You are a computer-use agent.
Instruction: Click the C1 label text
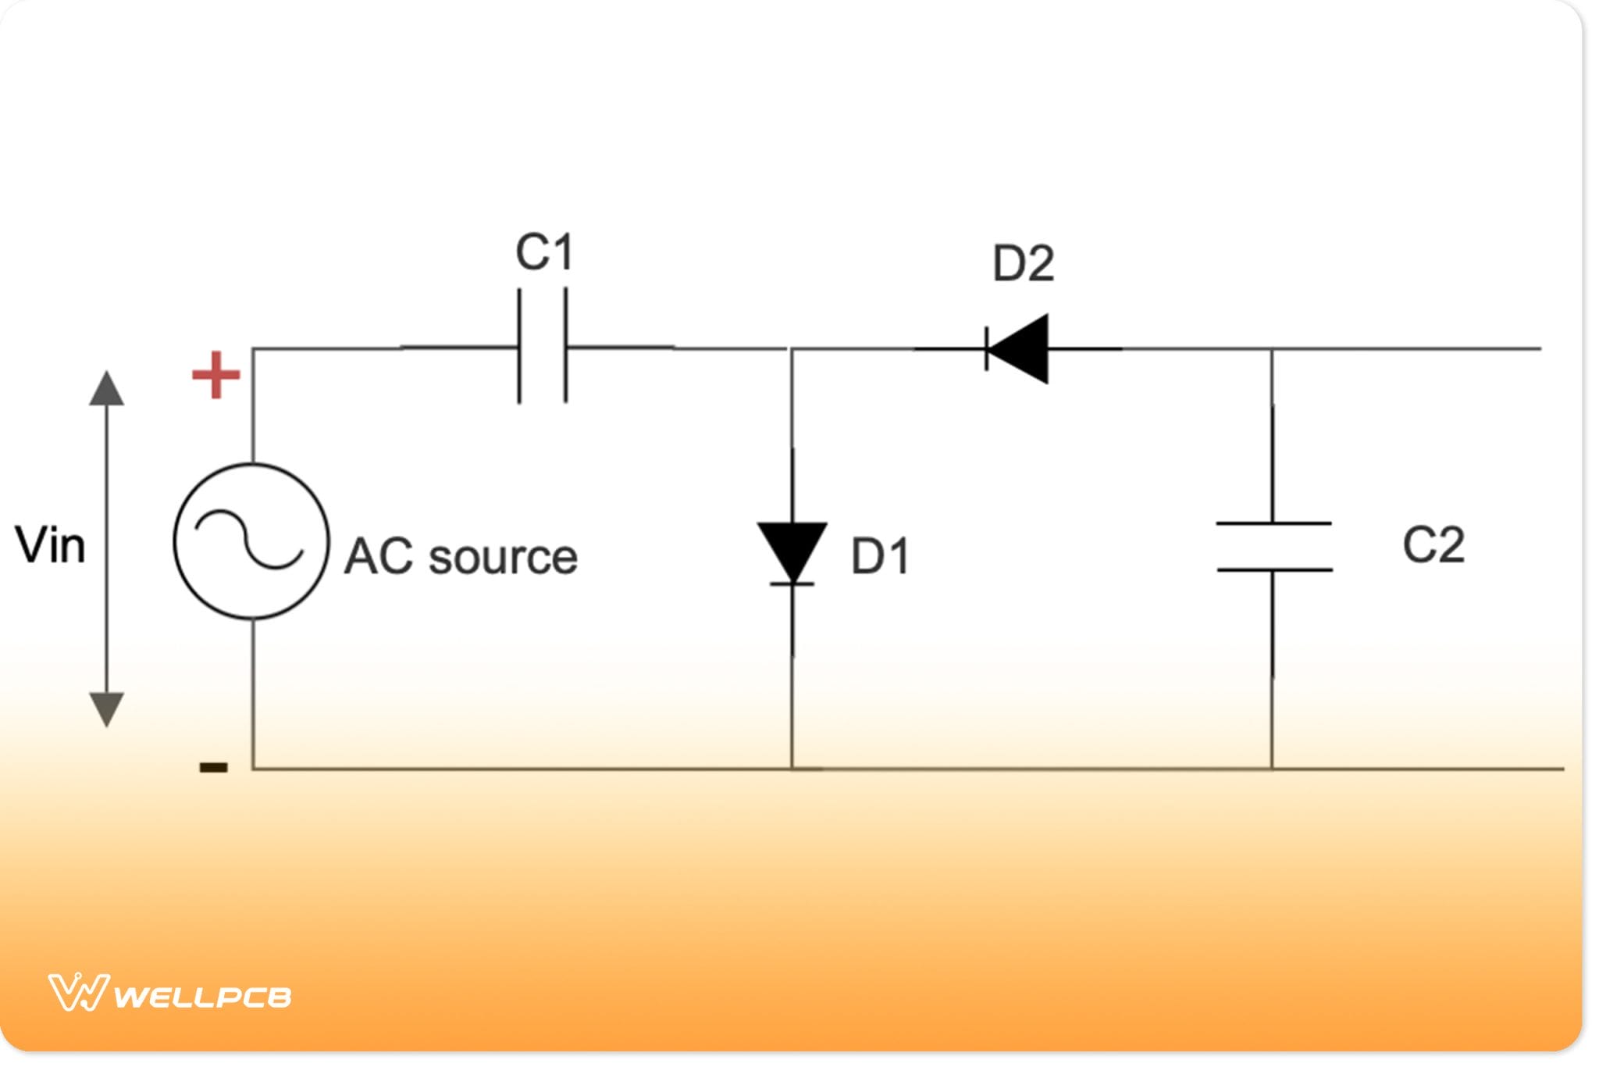(x=545, y=252)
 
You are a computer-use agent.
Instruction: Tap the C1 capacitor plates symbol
(x=543, y=347)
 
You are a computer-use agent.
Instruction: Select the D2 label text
(x=1023, y=264)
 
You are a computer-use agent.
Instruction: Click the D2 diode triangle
(x=1018, y=349)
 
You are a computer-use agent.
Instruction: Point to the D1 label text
(x=881, y=557)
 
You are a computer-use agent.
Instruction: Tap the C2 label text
(x=1433, y=545)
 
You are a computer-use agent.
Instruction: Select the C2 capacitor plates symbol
(x=1273, y=547)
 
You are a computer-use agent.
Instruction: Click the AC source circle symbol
(x=251, y=541)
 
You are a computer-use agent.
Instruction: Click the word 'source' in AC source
(x=504, y=557)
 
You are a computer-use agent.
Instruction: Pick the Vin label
(x=50, y=545)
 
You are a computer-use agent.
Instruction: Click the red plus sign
(x=215, y=375)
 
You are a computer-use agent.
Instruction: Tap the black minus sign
(x=214, y=767)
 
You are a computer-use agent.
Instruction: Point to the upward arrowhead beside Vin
(x=107, y=389)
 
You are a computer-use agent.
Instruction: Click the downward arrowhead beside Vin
(x=107, y=708)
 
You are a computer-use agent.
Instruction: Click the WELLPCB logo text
(x=203, y=997)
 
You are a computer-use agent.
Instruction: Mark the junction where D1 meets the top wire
(x=792, y=349)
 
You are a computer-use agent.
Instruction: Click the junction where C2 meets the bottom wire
(x=1272, y=769)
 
